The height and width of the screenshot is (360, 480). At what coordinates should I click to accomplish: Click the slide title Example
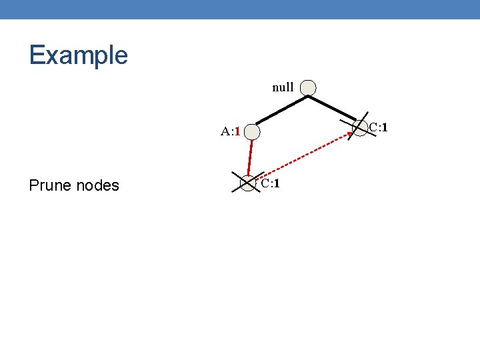pos(78,55)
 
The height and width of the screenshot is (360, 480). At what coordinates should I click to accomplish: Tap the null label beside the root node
pos(283,87)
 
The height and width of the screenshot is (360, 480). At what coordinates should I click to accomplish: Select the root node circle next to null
pos(307,87)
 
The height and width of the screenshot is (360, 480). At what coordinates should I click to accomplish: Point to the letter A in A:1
pos(226,131)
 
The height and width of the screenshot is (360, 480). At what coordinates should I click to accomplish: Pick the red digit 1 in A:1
pos(237,131)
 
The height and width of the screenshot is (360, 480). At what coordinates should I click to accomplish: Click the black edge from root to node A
pos(279,109)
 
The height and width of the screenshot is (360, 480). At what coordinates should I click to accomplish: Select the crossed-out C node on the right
pos(359,127)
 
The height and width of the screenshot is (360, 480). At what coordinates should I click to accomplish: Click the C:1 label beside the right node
pos(379,127)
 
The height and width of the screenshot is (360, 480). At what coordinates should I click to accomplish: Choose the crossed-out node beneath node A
pos(247,182)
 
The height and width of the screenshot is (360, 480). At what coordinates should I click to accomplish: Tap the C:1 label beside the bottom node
pos(270,183)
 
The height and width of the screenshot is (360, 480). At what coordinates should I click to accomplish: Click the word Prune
pos(51,185)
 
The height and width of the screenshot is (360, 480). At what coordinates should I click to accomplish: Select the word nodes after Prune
pos(97,185)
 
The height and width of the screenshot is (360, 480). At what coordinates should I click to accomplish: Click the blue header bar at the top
pos(240,9)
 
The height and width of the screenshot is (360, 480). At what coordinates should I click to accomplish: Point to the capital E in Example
pos(36,55)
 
